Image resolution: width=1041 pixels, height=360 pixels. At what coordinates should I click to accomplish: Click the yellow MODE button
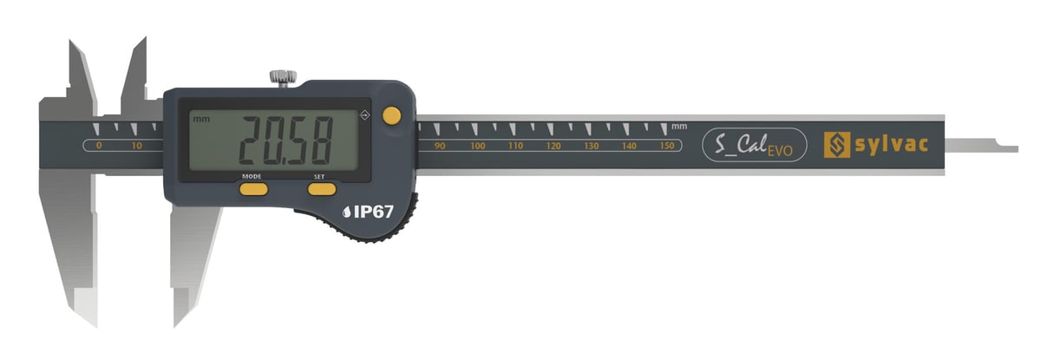point(253,189)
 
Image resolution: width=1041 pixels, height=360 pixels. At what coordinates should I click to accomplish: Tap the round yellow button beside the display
point(392,115)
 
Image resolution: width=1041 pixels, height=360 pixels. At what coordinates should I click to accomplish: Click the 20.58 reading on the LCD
point(285,141)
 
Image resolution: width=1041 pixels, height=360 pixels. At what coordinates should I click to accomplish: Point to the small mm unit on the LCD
point(201,120)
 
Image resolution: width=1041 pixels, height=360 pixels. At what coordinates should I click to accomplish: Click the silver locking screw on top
point(283,77)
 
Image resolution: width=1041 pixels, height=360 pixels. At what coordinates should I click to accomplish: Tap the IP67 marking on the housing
point(368,213)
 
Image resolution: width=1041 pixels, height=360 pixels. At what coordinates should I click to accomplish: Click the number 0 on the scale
point(99,146)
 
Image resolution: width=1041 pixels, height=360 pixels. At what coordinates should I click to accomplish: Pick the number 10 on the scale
point(137,146)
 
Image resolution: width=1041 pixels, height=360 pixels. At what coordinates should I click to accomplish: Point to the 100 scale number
point(478,147)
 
